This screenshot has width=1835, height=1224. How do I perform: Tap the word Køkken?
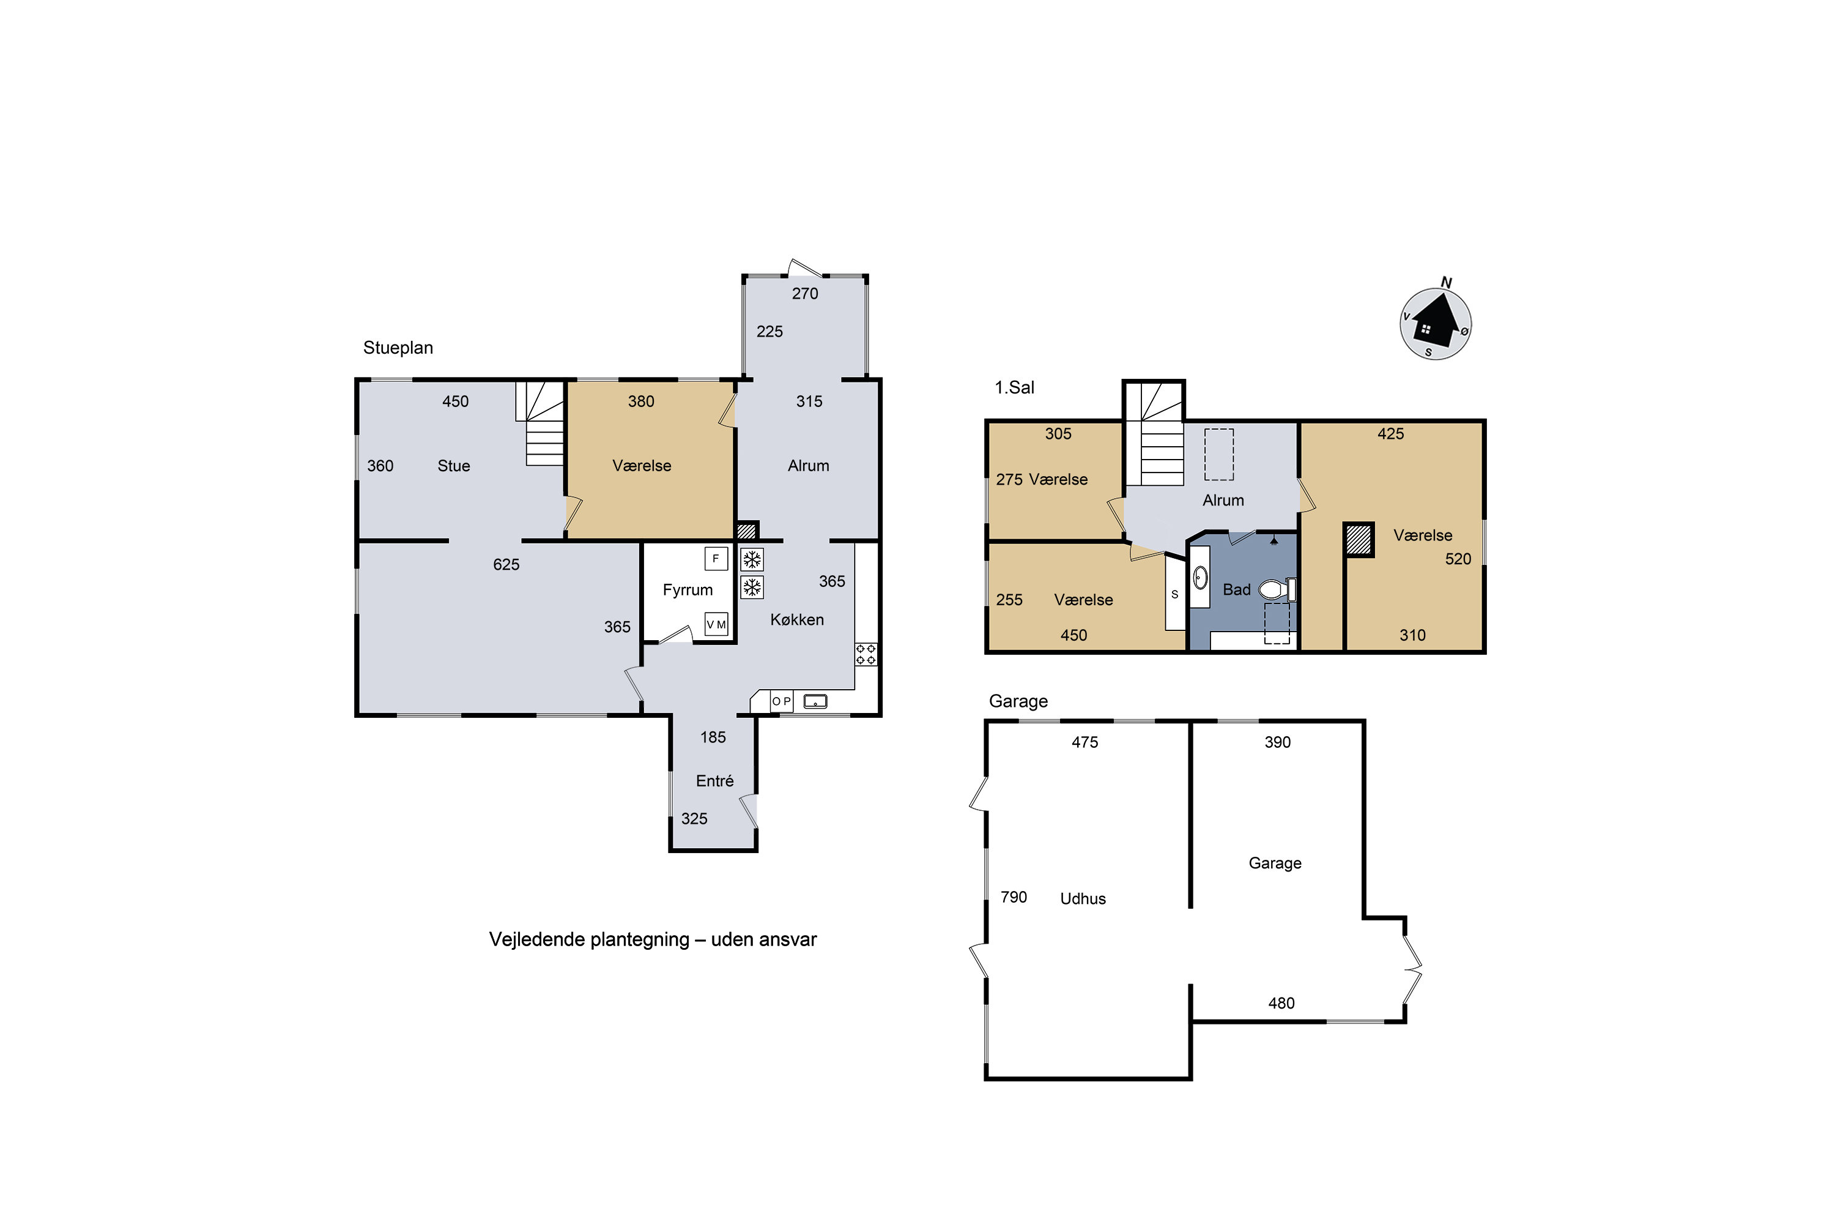796,620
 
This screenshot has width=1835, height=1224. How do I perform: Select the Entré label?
714,781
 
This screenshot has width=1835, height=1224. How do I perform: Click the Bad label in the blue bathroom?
1237,589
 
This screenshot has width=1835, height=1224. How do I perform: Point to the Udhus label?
1083,898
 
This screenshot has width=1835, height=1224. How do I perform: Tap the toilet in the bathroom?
1277,589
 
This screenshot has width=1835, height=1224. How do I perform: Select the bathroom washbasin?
1200,578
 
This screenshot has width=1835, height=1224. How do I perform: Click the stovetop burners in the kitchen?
866,654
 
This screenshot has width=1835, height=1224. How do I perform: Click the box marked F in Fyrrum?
716,559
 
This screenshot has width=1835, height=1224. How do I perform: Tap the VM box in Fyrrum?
716,624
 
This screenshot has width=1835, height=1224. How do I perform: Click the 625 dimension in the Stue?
506,564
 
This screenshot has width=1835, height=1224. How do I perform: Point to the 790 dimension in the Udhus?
1014,897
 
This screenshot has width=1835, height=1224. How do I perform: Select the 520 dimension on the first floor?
1458,559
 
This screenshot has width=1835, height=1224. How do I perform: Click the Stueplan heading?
398,348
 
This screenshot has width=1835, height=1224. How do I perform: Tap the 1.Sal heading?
1014,387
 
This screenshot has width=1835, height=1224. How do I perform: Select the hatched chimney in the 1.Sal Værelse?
1359,539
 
